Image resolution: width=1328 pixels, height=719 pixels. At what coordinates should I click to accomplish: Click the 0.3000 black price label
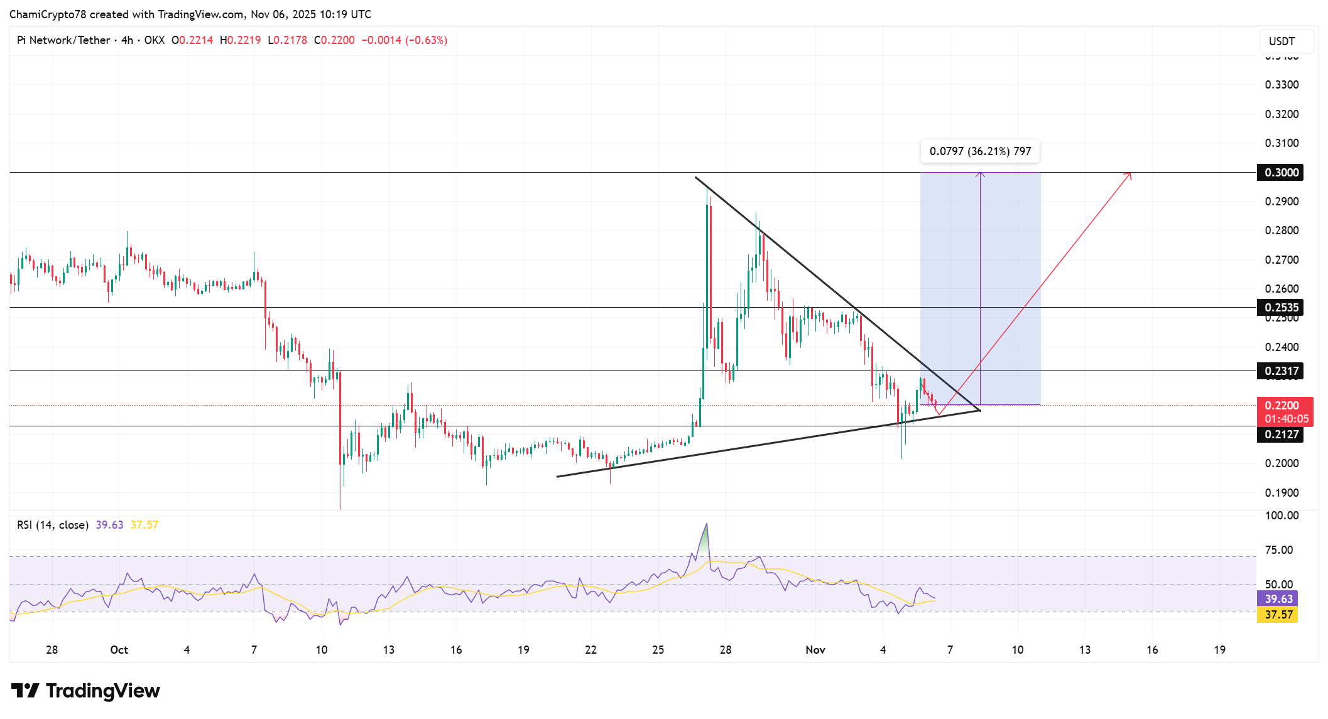1280,173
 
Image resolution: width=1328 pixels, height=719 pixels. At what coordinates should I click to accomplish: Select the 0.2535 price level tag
1280,308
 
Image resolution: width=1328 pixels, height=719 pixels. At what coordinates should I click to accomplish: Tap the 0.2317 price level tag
1280,371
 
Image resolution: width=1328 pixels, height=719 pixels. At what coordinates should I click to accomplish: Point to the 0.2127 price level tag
1280,435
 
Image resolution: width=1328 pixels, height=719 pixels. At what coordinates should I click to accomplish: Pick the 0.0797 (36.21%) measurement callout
980,151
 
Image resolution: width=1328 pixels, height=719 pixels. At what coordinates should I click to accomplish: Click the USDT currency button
1282,41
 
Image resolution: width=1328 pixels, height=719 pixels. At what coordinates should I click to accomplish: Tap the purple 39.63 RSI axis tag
1278,599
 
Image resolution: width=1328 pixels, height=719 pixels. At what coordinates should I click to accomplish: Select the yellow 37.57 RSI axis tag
1278,615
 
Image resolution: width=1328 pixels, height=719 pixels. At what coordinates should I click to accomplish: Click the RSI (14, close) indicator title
53,525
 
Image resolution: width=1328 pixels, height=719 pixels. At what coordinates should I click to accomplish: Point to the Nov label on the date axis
815,650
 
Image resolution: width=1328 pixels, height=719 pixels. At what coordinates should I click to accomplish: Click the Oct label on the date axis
119,650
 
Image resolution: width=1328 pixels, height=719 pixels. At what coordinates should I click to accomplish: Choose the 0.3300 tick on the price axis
1282,85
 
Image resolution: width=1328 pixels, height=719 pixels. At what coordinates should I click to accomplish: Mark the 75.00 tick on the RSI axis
1278,550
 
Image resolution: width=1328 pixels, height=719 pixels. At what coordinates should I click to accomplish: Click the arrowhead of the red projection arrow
1129,174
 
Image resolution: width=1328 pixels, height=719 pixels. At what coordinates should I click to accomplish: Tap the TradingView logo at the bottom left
85,691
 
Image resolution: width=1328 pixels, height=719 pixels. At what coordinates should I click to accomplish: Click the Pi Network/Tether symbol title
63,40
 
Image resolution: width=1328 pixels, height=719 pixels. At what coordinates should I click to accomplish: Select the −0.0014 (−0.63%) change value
404,40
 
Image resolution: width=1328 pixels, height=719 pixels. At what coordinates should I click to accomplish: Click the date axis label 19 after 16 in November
1219,650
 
